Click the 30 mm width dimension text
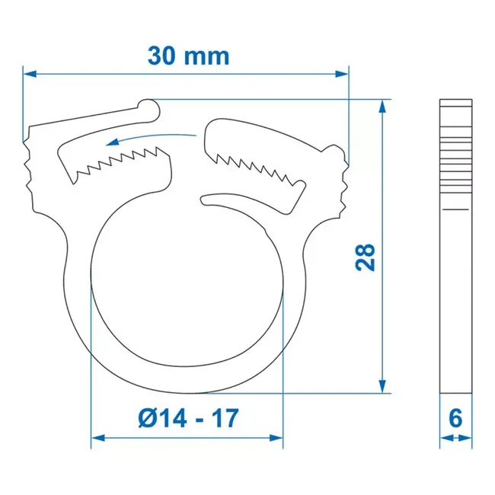187,56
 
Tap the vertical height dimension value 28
366,257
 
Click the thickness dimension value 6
455,418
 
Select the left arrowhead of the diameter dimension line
97,438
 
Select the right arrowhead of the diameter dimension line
277,438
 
